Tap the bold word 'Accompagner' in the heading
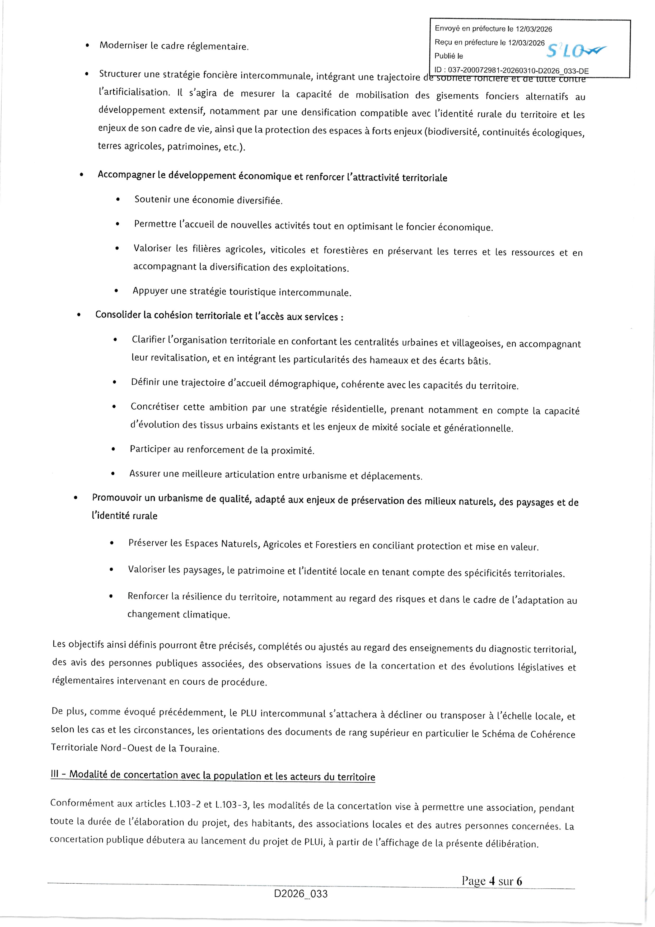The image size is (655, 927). click(126, 175)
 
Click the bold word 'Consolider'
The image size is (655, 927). click(118, 315)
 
